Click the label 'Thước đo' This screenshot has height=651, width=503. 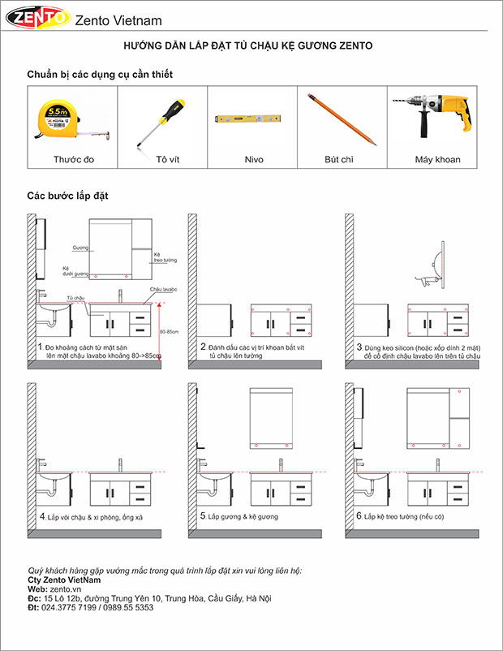[74, 160]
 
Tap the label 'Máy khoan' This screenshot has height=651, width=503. [437, 160]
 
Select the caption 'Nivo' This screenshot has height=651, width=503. [254, 160]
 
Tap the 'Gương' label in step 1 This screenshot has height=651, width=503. [80, 247]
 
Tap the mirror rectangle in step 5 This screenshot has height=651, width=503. [272, 419]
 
